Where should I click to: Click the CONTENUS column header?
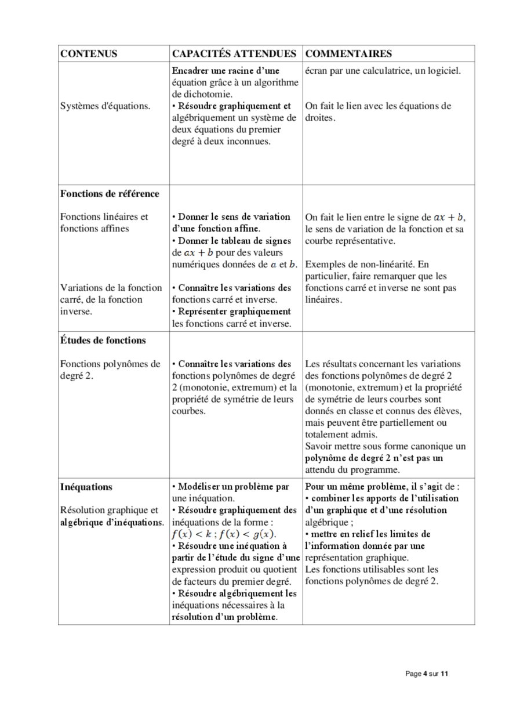[89, 54]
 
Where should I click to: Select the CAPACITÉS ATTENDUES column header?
[234, 54]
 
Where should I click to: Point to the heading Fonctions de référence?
[110, 193]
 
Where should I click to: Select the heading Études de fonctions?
[103, 340]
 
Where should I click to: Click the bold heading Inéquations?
[86, 487]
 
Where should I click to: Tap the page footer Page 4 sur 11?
[427, 674]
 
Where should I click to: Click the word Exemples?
[323, 265]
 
